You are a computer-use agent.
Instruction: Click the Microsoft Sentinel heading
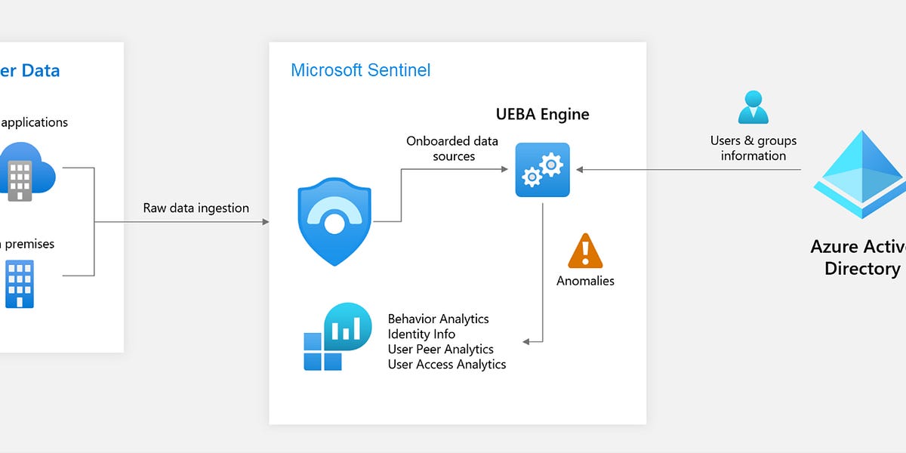pos(360,70)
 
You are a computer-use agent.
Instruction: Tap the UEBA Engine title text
pos(542,115)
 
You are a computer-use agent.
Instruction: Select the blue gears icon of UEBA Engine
pos(542,170)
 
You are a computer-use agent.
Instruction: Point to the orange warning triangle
pos(585,251)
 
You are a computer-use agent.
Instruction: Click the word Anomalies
pos(585,281)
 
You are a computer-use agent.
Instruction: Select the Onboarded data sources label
pos(452,149)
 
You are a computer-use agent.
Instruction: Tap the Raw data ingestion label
pos(196,208)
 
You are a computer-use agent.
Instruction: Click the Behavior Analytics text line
pos(438,319)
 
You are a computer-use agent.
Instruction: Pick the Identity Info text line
pos(421,334)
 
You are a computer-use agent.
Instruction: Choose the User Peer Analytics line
pos(440,349)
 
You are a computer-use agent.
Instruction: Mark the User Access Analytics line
pos(447,364)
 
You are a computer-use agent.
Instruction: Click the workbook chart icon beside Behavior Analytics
pos(337,337)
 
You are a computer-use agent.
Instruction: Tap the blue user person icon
pos(753,107)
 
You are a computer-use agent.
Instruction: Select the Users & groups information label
pos(753,148)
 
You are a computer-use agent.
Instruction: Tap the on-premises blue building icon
pos(20,284)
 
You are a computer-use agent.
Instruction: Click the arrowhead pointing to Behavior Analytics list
pos(527,341)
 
